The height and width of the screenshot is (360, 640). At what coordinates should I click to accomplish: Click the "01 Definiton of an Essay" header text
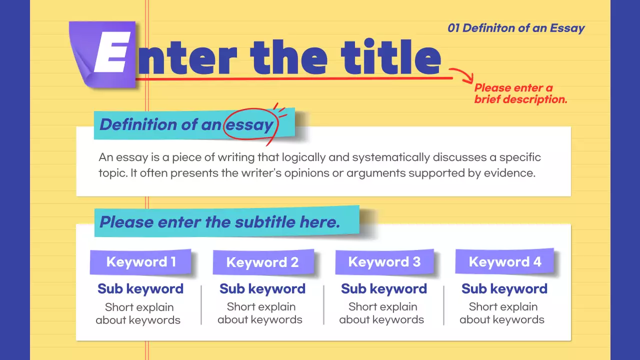(x=516, y=28)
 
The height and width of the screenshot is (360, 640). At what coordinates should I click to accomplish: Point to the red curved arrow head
(x=469, y=78)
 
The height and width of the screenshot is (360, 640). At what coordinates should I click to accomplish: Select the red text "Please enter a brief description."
(x=520, y=94)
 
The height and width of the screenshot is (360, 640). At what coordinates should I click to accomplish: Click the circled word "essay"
(x=249, y=124)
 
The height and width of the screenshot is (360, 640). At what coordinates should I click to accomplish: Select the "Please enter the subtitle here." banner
(x=220, y=222)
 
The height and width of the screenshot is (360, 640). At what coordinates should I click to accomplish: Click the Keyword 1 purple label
(x=140, y=262)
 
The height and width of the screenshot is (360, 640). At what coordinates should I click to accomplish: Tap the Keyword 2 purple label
(x=262, y=262)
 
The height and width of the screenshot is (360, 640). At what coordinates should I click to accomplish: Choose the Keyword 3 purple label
(x=384, y=262)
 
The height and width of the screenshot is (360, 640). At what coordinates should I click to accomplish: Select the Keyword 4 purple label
(x=505, y=262)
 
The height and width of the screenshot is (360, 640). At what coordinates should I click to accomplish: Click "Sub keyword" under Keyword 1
(x=140, y=289)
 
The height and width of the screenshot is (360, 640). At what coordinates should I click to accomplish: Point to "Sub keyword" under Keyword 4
(x=504, y=289)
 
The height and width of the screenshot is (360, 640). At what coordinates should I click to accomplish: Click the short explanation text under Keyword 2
(x=260, y=313)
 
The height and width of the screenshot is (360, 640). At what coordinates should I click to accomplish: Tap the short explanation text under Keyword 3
(x=382, y=313)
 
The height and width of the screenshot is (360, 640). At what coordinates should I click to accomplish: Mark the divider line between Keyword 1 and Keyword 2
(x=201, y=305)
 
